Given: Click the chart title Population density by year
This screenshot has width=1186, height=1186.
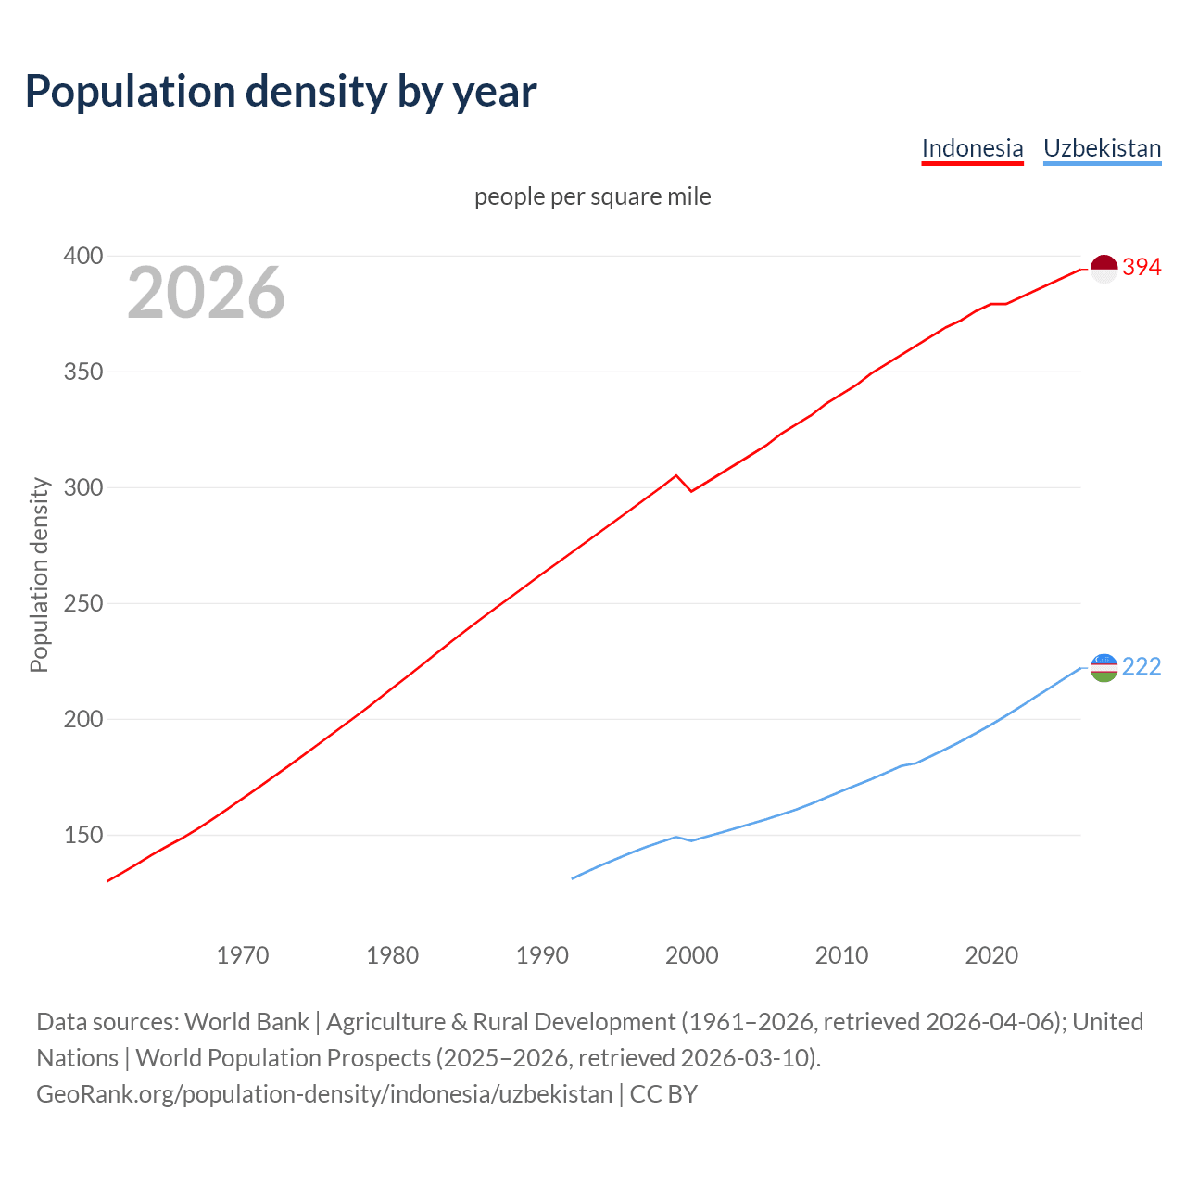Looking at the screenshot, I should coord(281,91).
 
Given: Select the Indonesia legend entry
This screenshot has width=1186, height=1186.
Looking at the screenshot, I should coord(972,148).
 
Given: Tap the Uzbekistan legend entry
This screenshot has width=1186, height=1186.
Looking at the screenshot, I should coord(1102,148).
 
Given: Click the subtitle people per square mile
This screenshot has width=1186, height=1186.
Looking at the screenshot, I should coord(592,196).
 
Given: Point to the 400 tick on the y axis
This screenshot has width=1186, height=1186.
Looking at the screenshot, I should coord(82,256).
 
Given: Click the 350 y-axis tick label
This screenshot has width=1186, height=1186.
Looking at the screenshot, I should coord(82,372).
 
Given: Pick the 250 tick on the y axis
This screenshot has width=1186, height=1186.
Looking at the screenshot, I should coord(82,603).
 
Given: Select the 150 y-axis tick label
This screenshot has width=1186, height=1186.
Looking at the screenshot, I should coord(82,835).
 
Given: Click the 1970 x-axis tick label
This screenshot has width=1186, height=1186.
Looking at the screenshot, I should coord(243,955).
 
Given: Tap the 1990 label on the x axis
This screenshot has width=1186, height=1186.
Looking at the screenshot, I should coord(542,955).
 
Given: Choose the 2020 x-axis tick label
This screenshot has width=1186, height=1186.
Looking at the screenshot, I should coord(991,955).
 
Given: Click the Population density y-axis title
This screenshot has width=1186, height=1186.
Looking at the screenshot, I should coord(39,574).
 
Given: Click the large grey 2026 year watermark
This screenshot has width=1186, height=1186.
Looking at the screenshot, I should coord(206,293).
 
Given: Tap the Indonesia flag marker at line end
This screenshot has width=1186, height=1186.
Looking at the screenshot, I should coord(1104,269).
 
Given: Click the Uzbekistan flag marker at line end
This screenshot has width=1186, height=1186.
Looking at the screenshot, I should coord(1104,667).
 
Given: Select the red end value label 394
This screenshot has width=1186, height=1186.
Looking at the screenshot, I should coord(1142,268).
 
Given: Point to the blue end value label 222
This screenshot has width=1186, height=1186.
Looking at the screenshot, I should coord(1142,667).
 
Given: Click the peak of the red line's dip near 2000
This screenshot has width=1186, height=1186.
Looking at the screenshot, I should coord(676,475).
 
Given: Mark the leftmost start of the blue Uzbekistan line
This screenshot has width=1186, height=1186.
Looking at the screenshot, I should coord(573,878).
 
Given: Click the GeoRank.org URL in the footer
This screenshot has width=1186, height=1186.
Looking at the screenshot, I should coord(324,1094).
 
